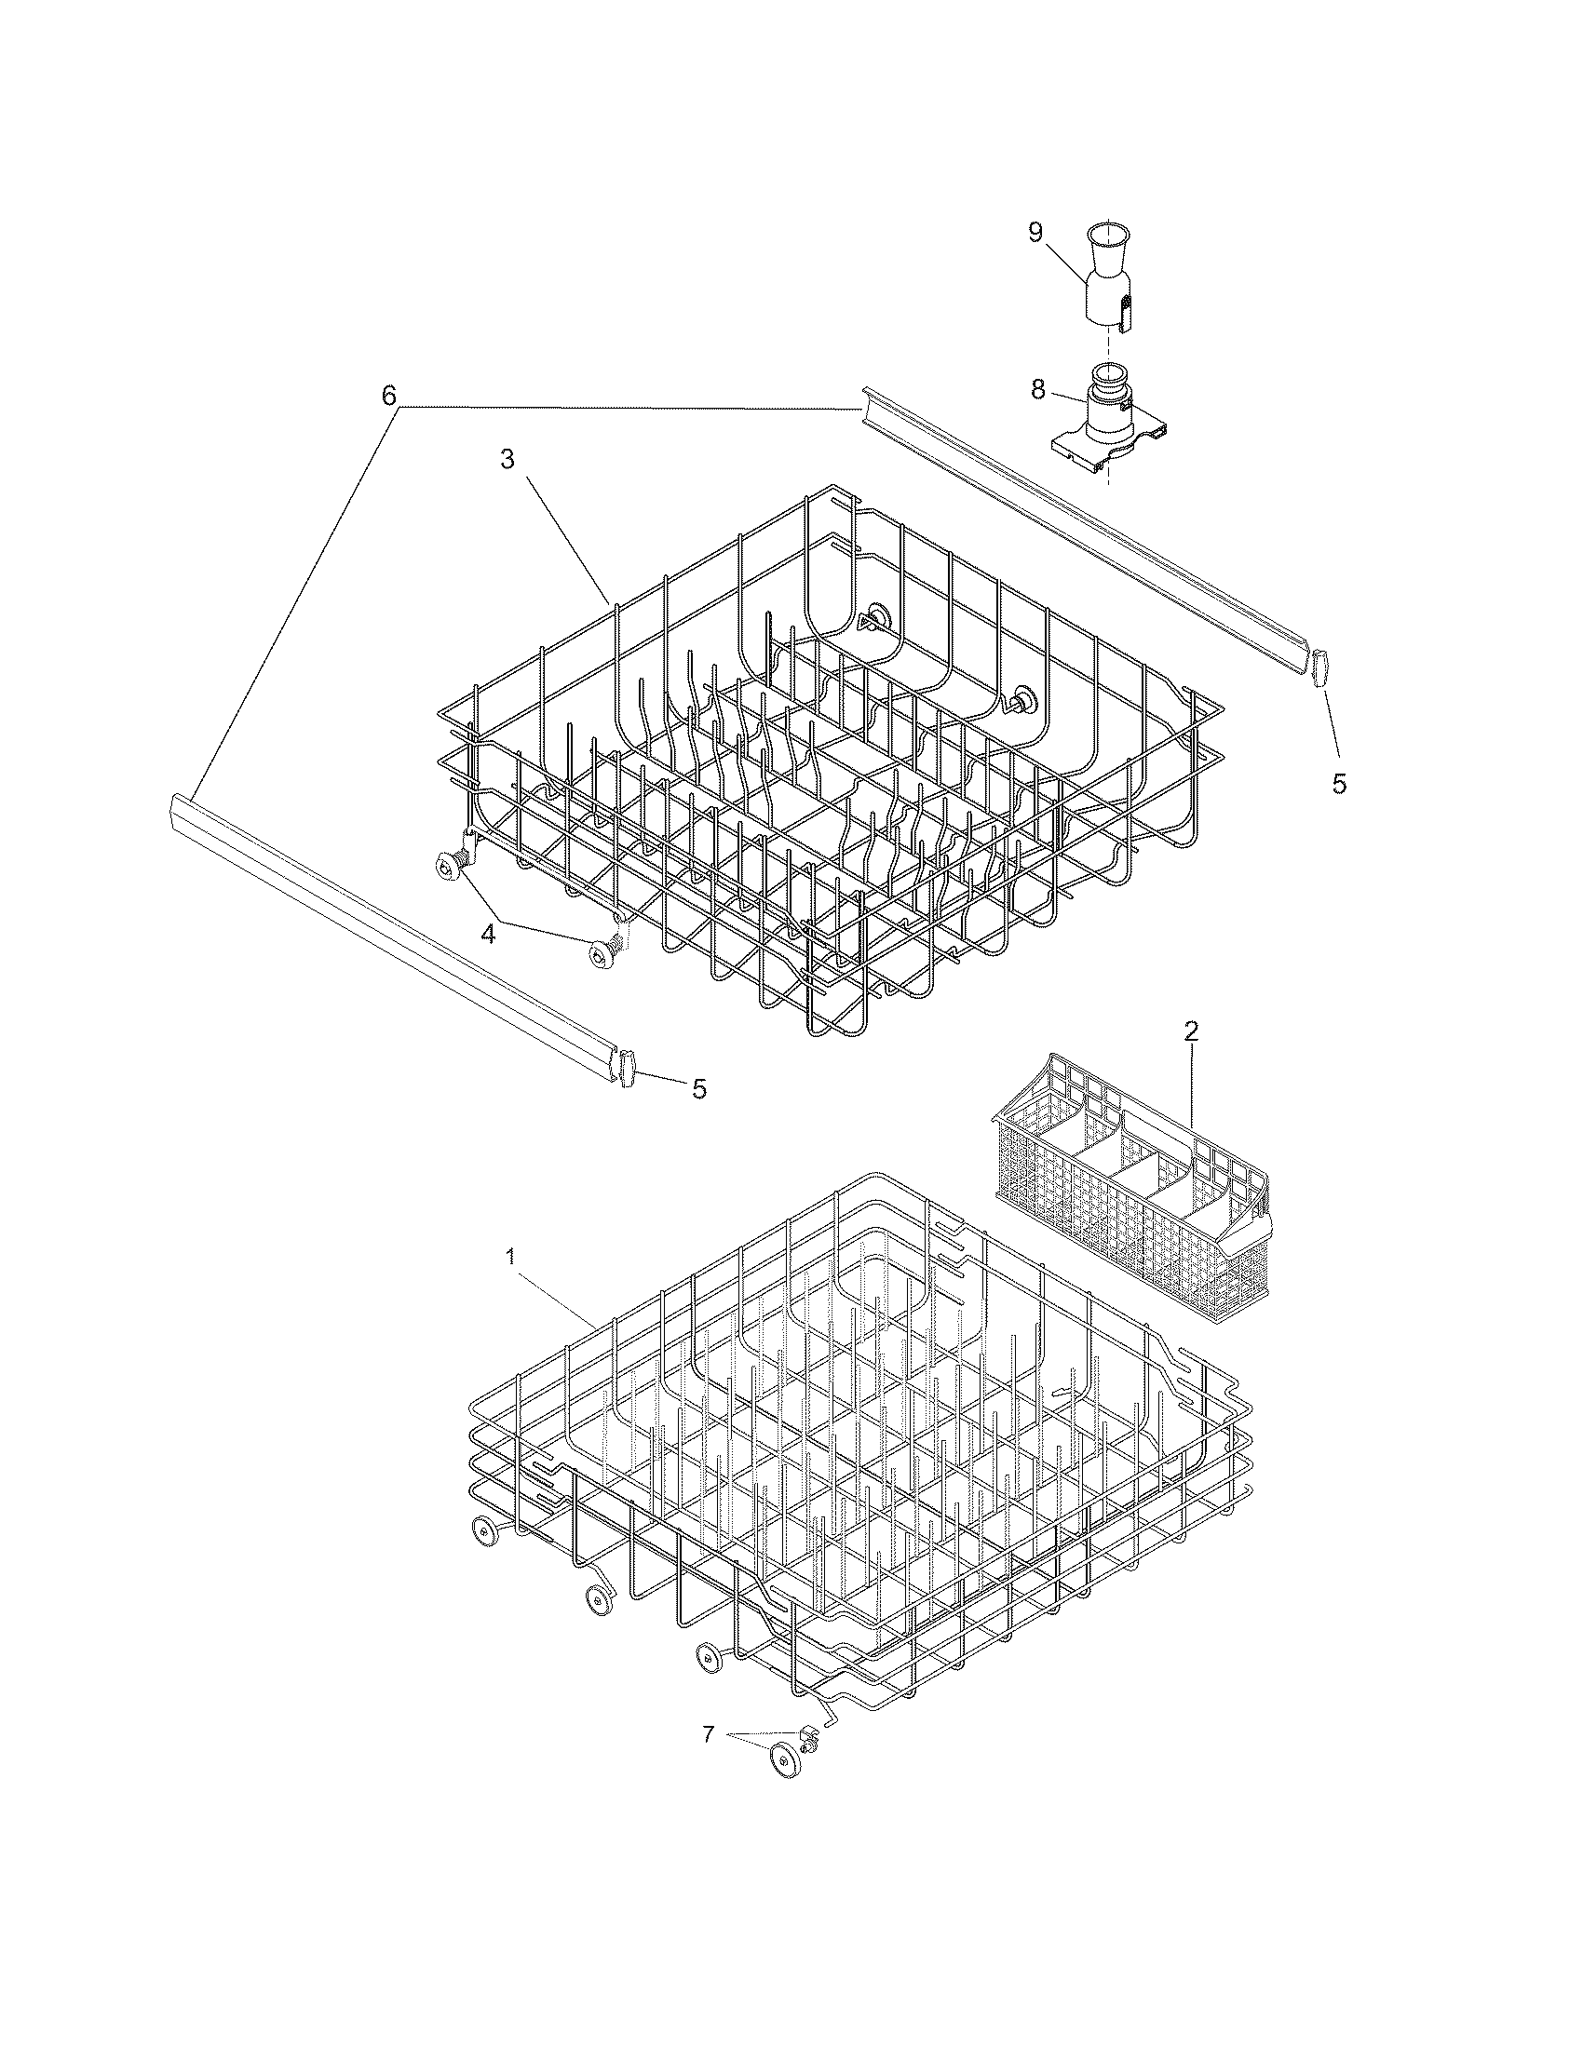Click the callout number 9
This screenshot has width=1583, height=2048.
click(x=1035, y=233)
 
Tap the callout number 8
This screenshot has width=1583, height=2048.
click(x=1037, y=390)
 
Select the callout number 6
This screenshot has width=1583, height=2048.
click(x=388, y=396)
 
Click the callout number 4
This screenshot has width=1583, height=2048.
click(x=488, y=935)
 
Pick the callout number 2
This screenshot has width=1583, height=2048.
click(x=1191, y=1031)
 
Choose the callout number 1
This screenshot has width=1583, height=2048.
click(x=510, y=1258)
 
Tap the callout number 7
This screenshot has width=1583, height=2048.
click(x=708, y=1734)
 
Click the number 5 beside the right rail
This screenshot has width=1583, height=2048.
click(x=1338, y=784)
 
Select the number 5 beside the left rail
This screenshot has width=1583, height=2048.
click(x=698, y=1089)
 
